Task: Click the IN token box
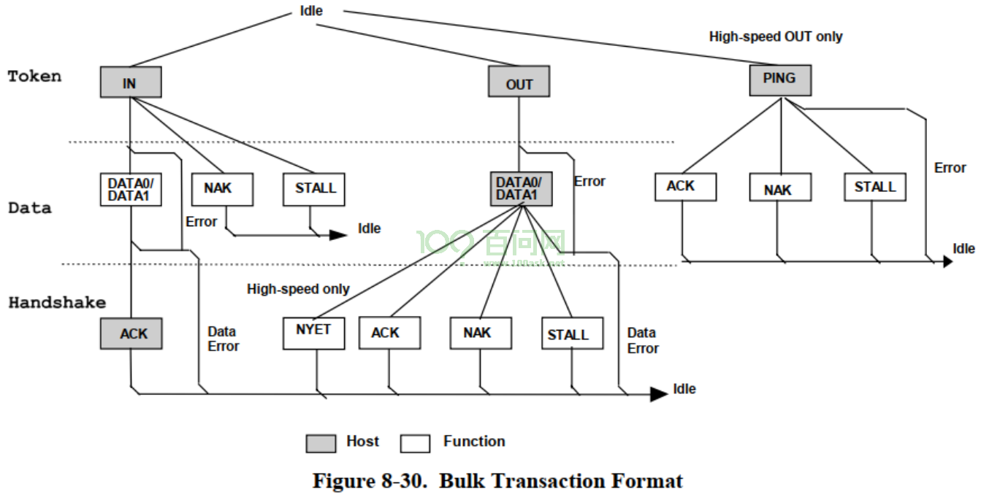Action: pos(131,82)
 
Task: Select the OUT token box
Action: pos(519,82)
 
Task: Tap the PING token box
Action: pos(780,80)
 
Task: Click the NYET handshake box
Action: pos(313,334)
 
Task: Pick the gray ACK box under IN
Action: pos(131,334)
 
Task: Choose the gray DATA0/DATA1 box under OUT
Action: pos(521,188)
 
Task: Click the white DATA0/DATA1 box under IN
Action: pos(131,190)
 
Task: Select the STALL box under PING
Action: pos(875,188)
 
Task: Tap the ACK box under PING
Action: pos(685,188)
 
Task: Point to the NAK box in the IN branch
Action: pos(222,190)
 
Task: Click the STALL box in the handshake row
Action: pos(573,334)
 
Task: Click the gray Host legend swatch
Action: pos(321,443)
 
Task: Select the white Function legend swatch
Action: pos(415,443)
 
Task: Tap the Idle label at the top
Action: pos(311,10)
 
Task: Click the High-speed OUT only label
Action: pos(776,36)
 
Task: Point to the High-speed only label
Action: pos(298,289)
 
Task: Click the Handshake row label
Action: pos(58,302)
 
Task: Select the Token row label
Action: pos(34,76)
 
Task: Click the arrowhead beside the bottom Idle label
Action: pos(659,394)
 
